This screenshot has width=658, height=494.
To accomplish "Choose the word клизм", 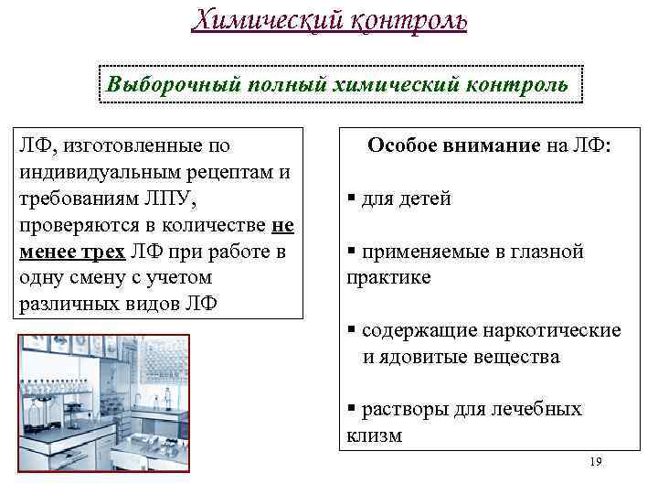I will click(375, 435).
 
